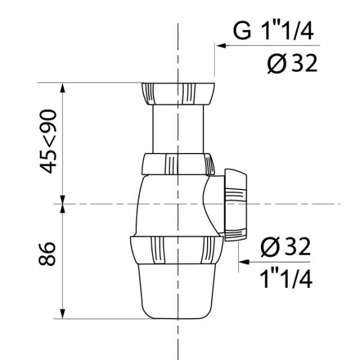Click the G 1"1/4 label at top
point(273,31)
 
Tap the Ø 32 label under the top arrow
point(292,64)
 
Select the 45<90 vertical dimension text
point(48,142)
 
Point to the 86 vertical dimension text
point(47,254)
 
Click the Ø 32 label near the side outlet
point(286,247)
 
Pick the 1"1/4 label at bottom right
point(286,278)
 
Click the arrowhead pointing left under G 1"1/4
point(221,46)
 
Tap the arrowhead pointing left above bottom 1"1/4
point(244,262)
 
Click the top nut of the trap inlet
point(178,94)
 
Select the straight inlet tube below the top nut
point(178,129)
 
